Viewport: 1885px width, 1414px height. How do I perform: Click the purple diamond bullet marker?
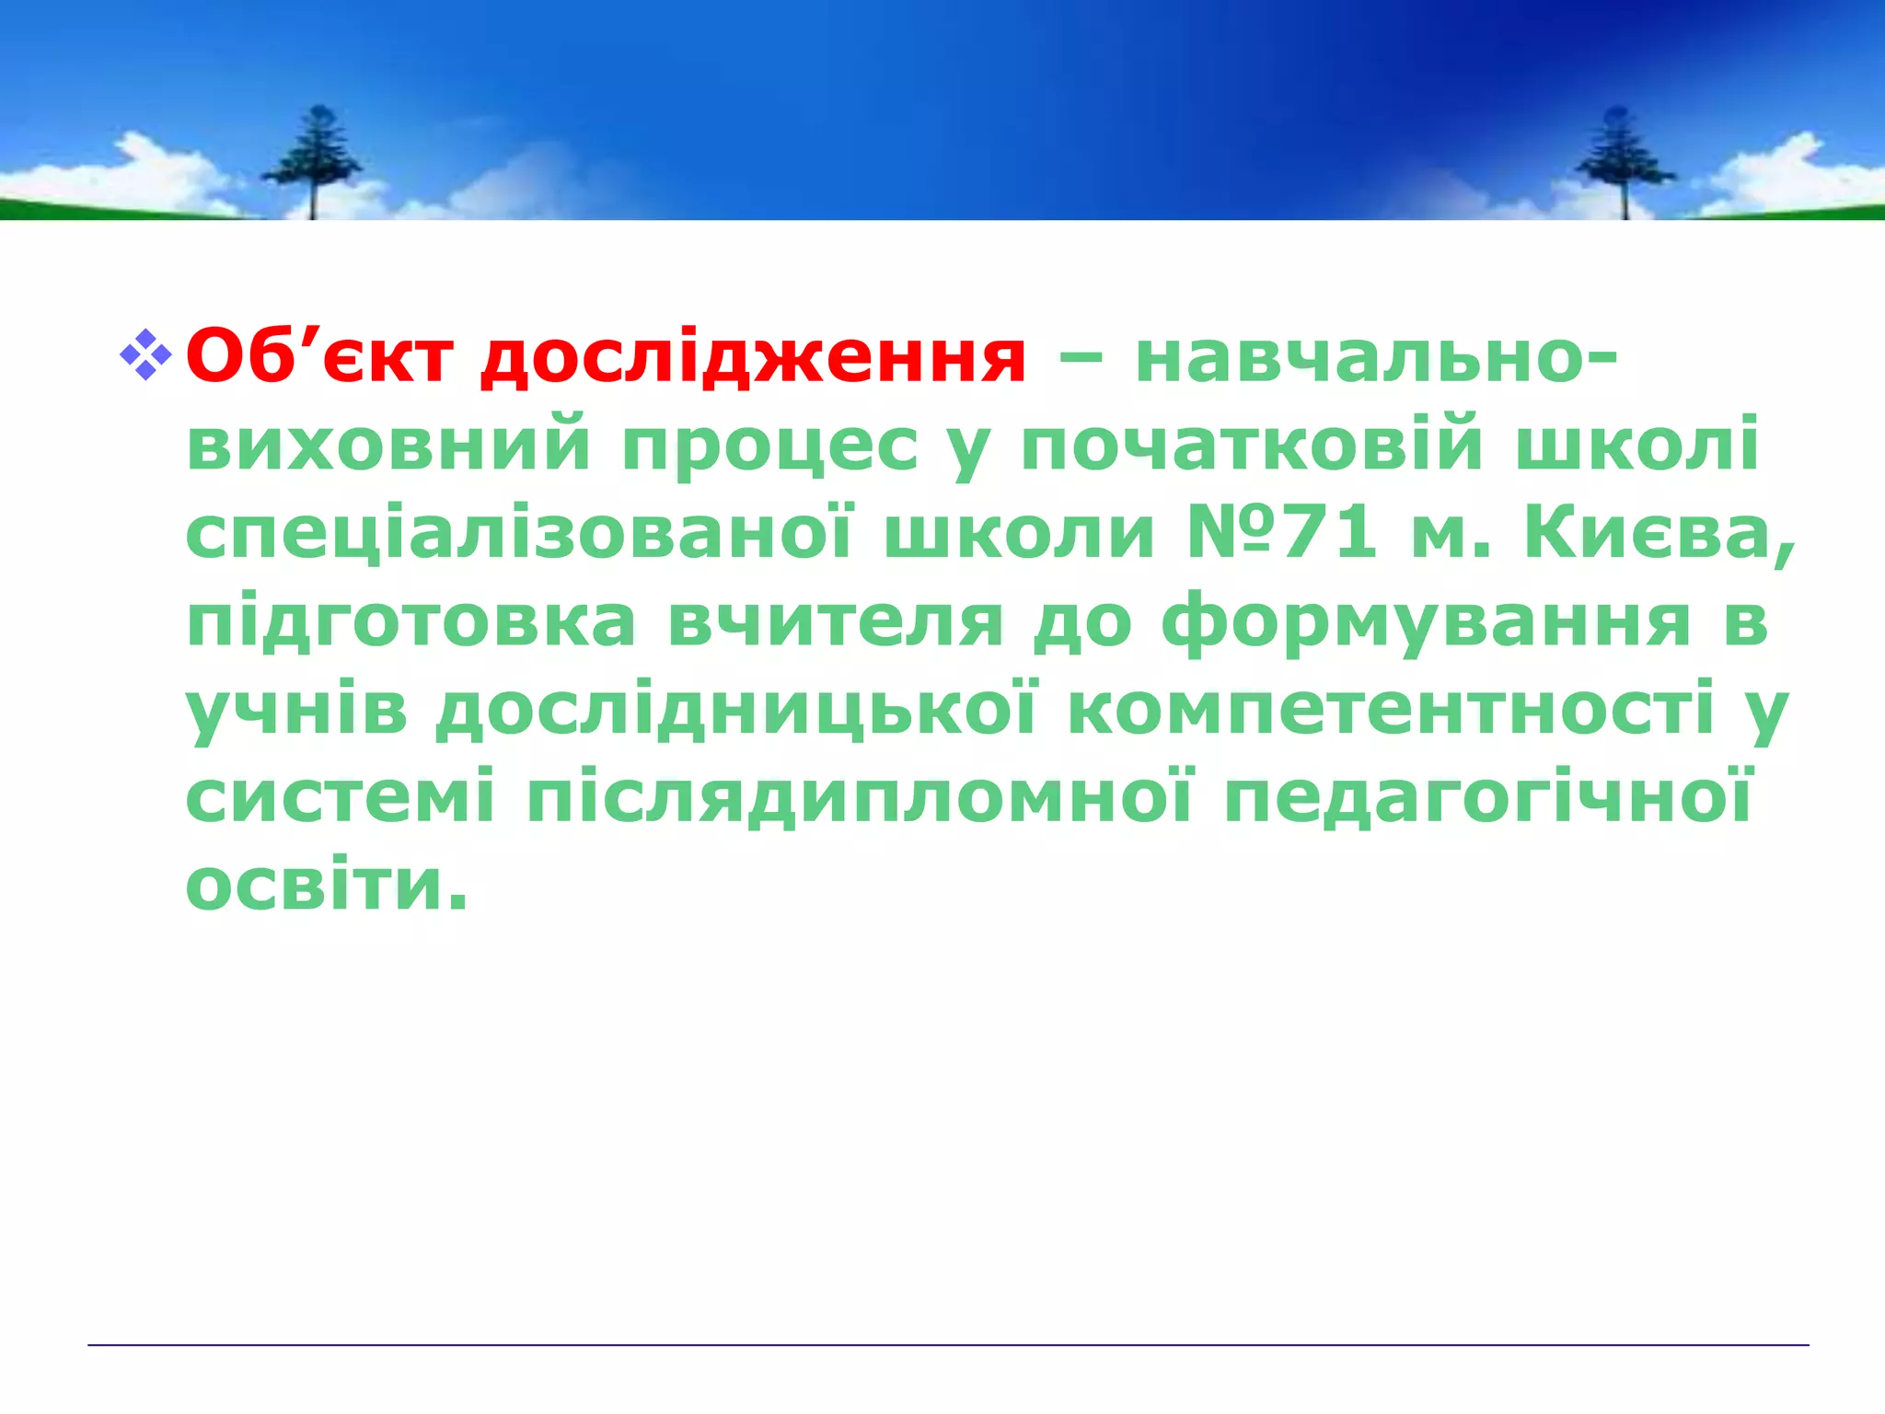145,355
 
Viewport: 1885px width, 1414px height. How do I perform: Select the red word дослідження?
752,356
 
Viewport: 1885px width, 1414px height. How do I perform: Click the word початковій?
1252,445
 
